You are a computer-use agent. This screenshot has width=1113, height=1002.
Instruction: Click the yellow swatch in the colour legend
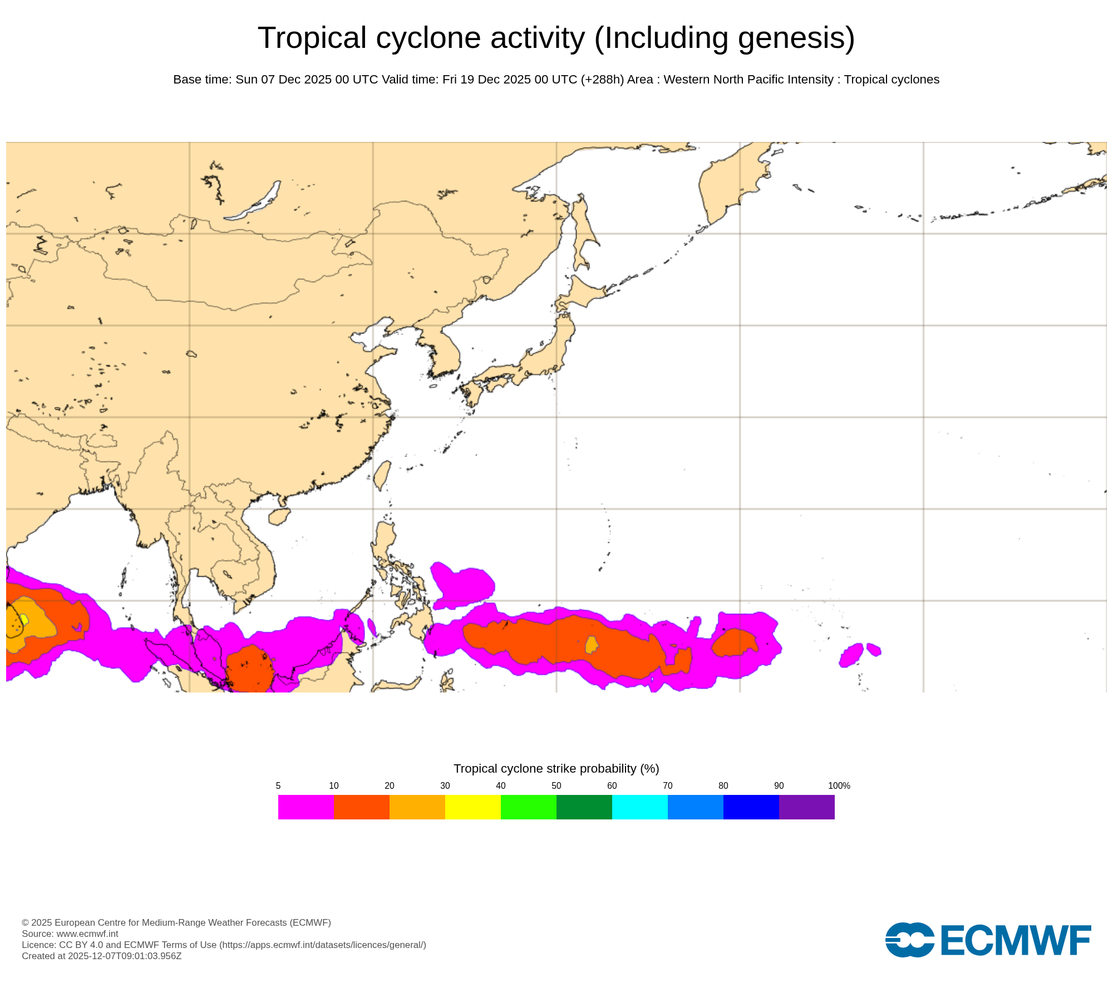(x=472, y=807)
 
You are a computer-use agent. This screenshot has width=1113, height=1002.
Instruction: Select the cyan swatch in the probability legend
(x=639, y=807)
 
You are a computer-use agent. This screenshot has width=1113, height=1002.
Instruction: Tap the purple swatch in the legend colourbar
(x=806, y=807)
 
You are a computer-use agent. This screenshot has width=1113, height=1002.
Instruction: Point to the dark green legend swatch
(x=584, y=807)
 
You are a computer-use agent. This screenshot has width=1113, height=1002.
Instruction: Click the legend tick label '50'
(x=556, y=785)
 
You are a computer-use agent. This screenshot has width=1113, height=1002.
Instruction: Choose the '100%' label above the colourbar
(x=839, y=785)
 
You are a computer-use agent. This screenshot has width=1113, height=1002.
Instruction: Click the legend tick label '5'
(x=278, y=785)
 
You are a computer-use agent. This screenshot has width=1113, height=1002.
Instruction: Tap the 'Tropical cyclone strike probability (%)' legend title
(x=556, y=768)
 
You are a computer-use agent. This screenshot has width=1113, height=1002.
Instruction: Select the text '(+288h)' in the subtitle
(x=602, y=80)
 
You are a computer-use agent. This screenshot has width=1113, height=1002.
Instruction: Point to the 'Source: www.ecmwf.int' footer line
(x=70, y=934)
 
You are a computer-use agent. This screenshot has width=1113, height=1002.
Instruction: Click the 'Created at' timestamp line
(x=101, y=956)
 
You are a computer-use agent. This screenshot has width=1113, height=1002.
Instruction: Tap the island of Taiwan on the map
(x=382, y=475)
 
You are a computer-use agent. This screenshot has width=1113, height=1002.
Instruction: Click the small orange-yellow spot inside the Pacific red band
(x=592, y=645)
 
